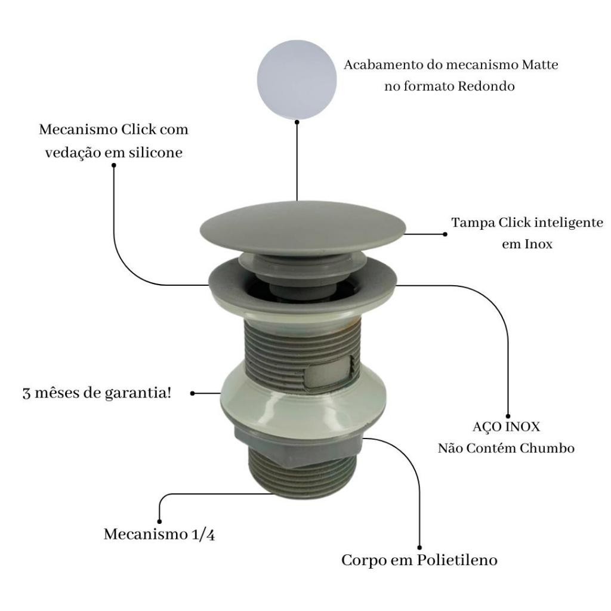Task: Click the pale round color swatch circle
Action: [297, 80]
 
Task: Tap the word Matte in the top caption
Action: [540, 64]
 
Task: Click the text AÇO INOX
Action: [506, 426]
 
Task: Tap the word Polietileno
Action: [457, 560]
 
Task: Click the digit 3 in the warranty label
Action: [26, 394]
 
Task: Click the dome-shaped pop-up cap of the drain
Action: [303, 228]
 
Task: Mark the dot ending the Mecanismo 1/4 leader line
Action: [159, 521]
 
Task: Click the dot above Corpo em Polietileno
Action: [419, 548]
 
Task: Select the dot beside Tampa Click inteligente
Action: [445, 234]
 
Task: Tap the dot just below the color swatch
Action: [297, 122]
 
